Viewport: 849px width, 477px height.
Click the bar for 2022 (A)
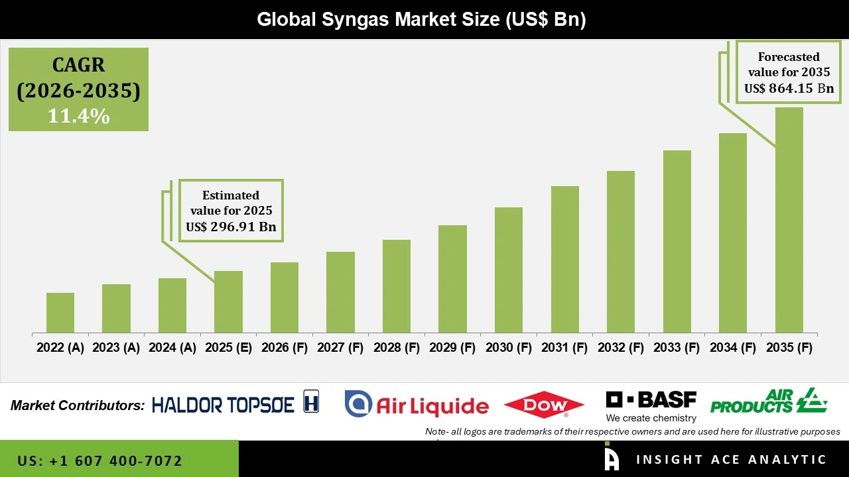[x=60, y=313]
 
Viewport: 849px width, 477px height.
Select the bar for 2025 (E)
[x=228, y=301]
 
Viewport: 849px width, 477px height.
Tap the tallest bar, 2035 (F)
[x=789, y=220]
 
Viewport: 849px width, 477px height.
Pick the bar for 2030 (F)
[x=509, y=270]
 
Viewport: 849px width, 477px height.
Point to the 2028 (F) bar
[x=397, y=286]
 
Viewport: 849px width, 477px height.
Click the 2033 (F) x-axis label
[x=677, y=348]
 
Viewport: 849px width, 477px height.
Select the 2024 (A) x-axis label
[x=172, y=348]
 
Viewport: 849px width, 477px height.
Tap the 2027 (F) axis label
[x=340, y=348]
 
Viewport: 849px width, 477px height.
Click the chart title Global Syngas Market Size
[x=422, y=20]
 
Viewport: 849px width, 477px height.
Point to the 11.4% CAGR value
[x=78, y=116]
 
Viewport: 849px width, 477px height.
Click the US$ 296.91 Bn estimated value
[x=231, y=227]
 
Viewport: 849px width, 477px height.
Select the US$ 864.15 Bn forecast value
[x=789, y=88]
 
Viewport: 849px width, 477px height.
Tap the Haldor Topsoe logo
[x=235, y=403]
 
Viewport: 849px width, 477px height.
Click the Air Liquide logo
[x=417, y=404]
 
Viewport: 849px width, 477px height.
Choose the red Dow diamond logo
[x=544, y=404]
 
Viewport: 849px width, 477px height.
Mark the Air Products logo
[x=768, y=401]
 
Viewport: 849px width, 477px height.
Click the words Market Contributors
[x=78, y=405]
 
